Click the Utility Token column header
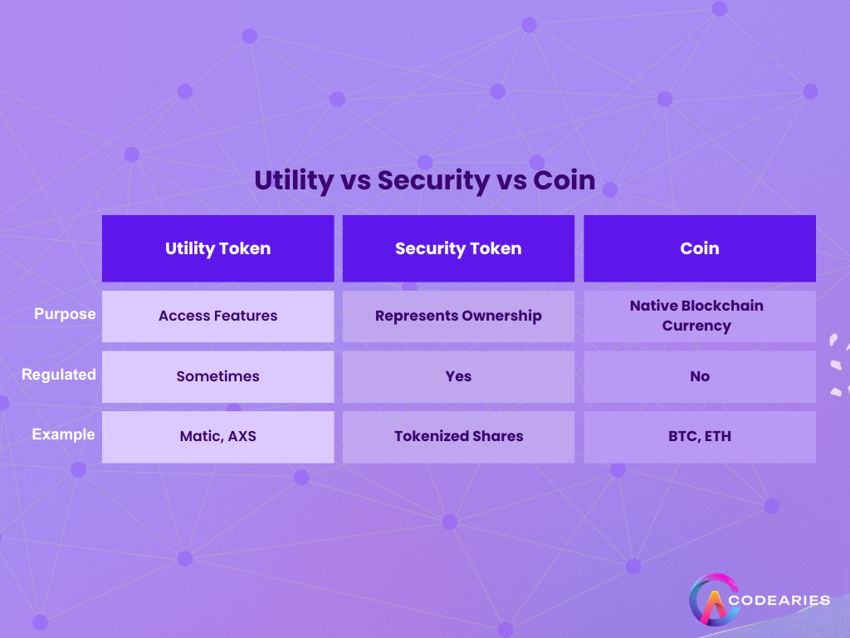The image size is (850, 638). [x=217, y=248]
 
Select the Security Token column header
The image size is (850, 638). [x=458, y=248]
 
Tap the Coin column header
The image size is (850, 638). [x=700, y=248]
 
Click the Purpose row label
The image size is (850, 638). [x=65, y=315]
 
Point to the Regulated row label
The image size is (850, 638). [x=59, y=375]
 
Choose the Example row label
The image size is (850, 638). [x=64, y=434]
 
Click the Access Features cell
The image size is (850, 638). [x=217, y=316]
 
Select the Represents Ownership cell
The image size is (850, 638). [x=458, y=316]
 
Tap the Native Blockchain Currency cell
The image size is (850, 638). [x=699, y=316]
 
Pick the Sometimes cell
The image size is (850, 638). [x=217, y=376]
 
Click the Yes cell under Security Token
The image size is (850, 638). [x=458, y=376]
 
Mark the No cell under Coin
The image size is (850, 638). [x=700, y=376]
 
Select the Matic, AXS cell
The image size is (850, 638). [x=217, y=436]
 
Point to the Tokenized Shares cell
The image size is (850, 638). [x=458, y=436]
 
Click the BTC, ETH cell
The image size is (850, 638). [x=700, y=436]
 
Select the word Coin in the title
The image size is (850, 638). [x=564, y=180]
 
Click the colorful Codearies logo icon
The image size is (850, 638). [x=715, y=600]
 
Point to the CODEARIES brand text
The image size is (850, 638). [x=782, y=600]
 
